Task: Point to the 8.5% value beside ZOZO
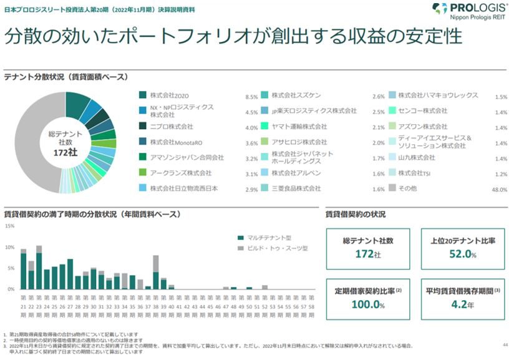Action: click(x=251, y=97)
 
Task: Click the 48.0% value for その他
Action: click(x=499, y=190)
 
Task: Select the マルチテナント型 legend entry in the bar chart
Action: click(x=265, y=238)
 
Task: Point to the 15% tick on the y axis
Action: click(x=9, y=226)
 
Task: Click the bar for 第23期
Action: click(x=39, y=268)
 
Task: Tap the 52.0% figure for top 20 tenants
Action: click(x=462, y=255)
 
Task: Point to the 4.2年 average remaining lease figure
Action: click(x=462, y=304)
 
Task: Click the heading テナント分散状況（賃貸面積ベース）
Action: click(x=66, y=77)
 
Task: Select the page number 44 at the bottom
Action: click(x=505, y=344)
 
